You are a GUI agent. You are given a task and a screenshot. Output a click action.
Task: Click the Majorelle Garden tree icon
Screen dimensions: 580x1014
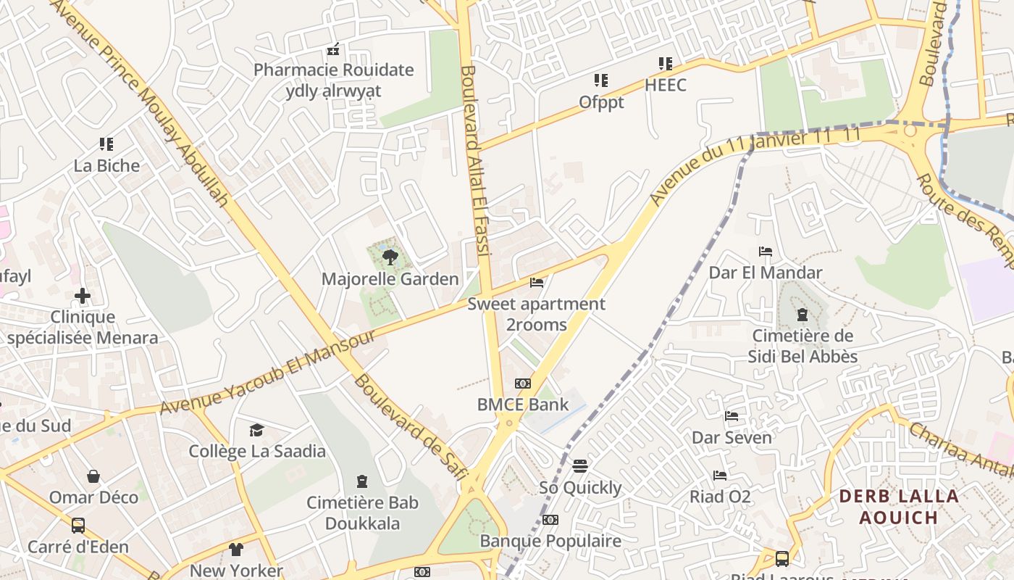click(x=390, y=256)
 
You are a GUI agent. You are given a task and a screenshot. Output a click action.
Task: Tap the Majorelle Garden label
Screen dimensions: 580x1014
click(x=390, y=279)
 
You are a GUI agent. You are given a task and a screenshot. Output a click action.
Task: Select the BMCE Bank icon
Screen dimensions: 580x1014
click(x=523, y=383)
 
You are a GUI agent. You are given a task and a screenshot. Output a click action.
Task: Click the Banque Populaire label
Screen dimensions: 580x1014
click(x=550, y=542)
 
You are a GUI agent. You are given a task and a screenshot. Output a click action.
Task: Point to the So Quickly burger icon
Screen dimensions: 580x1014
click(x=580, y=465)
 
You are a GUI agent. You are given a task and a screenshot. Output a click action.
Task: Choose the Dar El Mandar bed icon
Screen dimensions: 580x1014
click(x=766, y=252)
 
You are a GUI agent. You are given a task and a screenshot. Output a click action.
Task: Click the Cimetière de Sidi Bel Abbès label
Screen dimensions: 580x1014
click(x=803, y=346)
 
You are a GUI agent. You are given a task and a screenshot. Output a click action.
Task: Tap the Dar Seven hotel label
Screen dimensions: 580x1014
click(x=732, y=438)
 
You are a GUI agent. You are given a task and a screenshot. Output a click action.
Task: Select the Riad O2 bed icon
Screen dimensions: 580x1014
click(x=720, y=476)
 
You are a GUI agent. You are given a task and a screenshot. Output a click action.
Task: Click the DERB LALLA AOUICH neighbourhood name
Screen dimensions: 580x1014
click(x=899, y=507)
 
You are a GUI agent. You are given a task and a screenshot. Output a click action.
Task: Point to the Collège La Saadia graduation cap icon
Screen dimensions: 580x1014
click(x=257, y=431)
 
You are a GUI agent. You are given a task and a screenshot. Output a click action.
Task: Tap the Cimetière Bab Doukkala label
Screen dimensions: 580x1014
click(x=362, y=513)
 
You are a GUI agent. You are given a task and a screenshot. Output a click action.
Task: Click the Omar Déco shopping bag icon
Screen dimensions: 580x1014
click(x=93, y=476)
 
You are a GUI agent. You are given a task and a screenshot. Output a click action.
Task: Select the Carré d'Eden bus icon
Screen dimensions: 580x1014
click(x=77, y=526)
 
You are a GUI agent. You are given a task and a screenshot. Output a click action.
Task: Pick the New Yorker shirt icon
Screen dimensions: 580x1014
click(x=236, y=550)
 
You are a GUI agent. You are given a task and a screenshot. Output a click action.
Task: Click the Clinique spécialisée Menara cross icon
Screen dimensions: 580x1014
click(x=83, y=296)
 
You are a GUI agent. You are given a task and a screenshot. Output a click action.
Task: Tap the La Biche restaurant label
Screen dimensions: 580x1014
click(x=106, y=166)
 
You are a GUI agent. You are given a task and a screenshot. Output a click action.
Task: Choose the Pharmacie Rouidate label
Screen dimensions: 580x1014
click(x=333, y=70)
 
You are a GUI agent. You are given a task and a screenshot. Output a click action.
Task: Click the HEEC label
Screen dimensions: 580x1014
click(x=665, y=85)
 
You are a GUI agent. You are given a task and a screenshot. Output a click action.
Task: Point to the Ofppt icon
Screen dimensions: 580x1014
click(x=601, y=80)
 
